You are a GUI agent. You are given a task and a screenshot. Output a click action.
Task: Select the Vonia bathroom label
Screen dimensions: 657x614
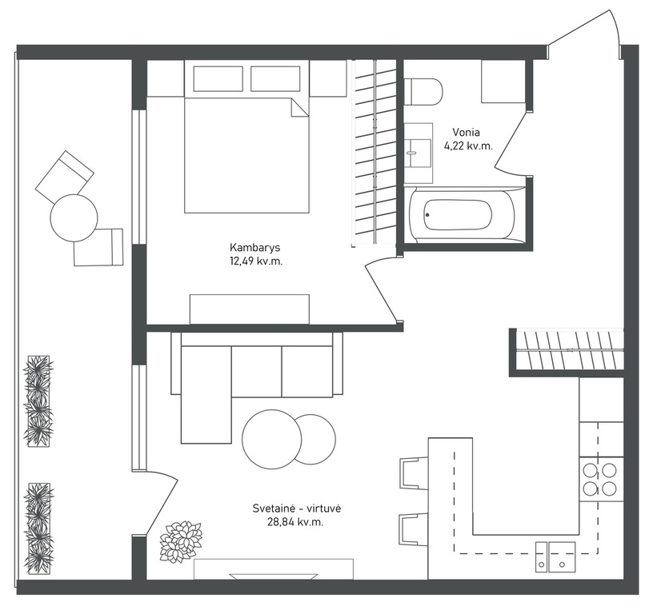[466, 132]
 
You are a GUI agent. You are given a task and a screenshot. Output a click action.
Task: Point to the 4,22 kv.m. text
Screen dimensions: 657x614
[468, 146]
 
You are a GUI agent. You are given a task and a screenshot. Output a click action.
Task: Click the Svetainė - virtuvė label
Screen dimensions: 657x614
[297, 508]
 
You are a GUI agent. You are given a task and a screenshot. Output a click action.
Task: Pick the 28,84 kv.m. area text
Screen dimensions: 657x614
[295, 522]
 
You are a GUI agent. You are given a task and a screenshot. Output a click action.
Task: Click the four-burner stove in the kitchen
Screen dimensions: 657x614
[601, 479]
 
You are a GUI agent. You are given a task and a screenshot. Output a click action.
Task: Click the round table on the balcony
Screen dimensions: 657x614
[74, 217]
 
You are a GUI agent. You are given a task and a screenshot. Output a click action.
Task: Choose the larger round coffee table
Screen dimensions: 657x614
[272, 439]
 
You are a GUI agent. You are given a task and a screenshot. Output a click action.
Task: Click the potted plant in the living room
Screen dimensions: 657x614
[181, 541]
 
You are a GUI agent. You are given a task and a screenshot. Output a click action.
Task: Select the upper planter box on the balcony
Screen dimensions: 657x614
[38, 401]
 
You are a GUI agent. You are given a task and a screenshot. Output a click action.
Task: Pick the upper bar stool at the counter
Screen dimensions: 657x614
[414, 473]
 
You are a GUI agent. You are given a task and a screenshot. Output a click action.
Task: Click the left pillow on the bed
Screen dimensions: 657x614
[218, 78]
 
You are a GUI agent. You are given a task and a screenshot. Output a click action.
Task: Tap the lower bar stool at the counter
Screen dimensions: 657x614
[414, 529]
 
